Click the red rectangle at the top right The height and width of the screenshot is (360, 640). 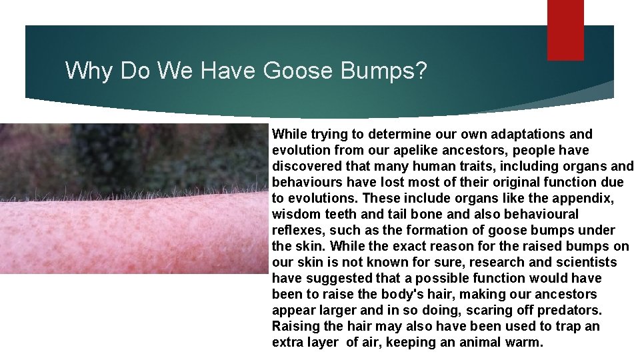pyautogui.click(x=565, y=30)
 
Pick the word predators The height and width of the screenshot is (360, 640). pyautogui.click(x=572, y=310)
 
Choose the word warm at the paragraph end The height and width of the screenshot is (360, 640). pyautogui.click(x=524, y=342)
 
